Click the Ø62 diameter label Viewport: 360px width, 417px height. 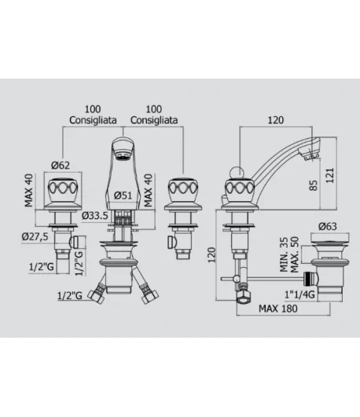(61, 165)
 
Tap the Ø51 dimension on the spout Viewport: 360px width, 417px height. (123, 196)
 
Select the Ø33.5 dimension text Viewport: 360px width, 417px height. (95, 215)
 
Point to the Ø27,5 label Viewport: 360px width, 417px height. (35, 236)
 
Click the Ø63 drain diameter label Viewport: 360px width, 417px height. (328, 226)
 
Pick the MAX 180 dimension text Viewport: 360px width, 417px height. (278, 309)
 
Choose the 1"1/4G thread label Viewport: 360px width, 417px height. (299, 294)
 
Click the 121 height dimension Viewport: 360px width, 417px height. (330, 175)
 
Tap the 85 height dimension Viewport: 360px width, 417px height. (314, 185)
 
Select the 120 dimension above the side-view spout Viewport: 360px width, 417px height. (276, 120)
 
